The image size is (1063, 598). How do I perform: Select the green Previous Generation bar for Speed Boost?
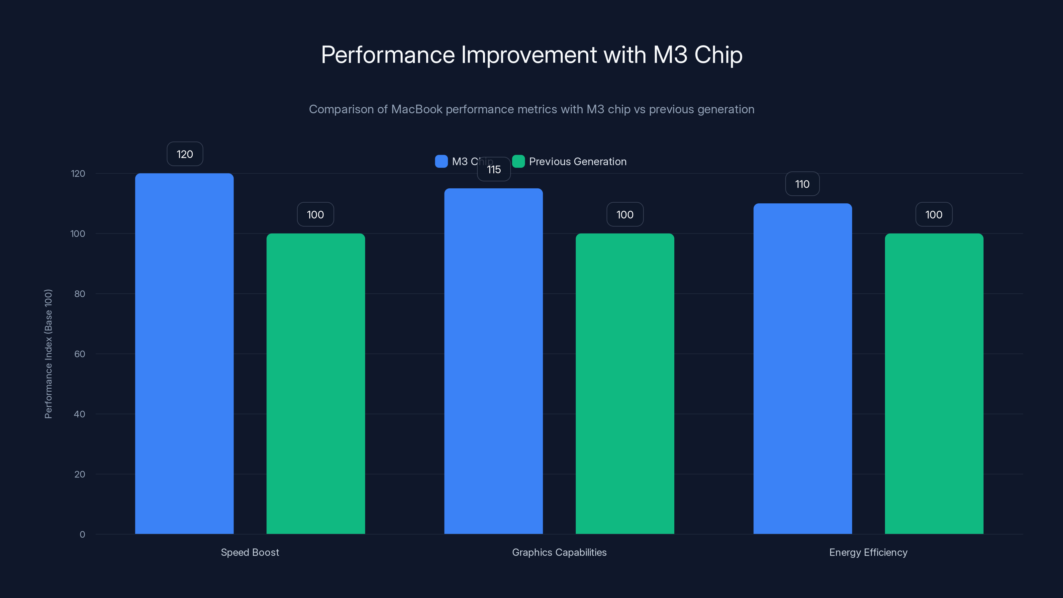coord(316,383)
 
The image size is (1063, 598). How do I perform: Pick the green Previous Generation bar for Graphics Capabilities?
coord(625,383)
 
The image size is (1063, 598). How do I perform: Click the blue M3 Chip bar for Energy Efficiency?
coord(803,368)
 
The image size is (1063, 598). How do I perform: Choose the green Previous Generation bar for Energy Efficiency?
coord(934,383)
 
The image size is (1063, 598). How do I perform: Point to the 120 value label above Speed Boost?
coord(184,154)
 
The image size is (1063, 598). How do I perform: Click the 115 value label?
coord(494,169)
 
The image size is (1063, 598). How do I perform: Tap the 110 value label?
coord(802,184)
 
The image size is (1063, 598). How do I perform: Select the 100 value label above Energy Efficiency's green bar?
coord(934,215)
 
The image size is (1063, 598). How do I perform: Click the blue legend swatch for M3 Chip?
coord(441,161)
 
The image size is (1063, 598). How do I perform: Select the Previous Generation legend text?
coord(577,161)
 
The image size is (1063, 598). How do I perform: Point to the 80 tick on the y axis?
coord(80,294)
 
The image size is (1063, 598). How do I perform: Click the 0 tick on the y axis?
coord(82,535)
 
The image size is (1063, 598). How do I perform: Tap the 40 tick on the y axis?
coord(80,414)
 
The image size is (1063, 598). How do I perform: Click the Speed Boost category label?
coord(250,552)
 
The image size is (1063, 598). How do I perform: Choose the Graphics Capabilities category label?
coord(559,552)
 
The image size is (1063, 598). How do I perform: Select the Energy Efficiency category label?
coord(868,552)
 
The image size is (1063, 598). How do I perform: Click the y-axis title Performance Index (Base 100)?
coord(48,354)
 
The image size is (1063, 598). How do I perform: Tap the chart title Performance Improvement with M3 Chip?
coord(531,54)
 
